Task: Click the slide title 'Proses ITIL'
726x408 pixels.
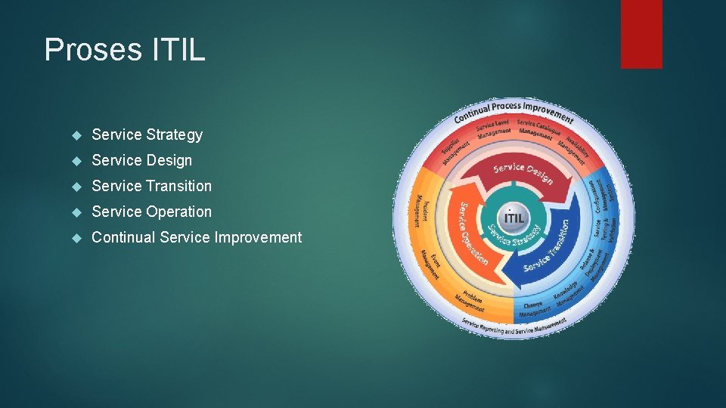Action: point(125,50)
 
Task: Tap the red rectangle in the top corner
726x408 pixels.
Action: point(641,33)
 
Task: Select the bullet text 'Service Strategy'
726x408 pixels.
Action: point(147,134)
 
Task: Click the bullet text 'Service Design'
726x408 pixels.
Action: point(141,160)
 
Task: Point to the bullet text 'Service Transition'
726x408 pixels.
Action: point(151,186)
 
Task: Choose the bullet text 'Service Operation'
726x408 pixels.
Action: point(151,212)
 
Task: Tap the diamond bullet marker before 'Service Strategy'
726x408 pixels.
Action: point(76,135)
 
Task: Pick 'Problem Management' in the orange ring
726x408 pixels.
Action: point(471,300)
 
